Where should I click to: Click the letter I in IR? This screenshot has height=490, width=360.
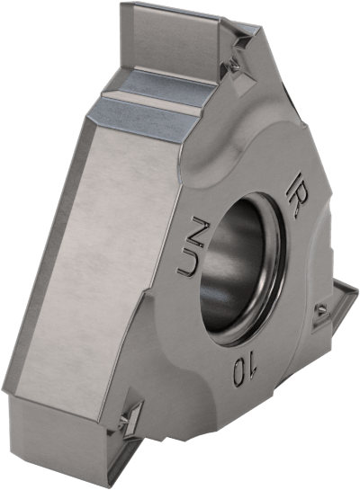[295, 179]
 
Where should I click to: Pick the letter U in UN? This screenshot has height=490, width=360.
[189, 263]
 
